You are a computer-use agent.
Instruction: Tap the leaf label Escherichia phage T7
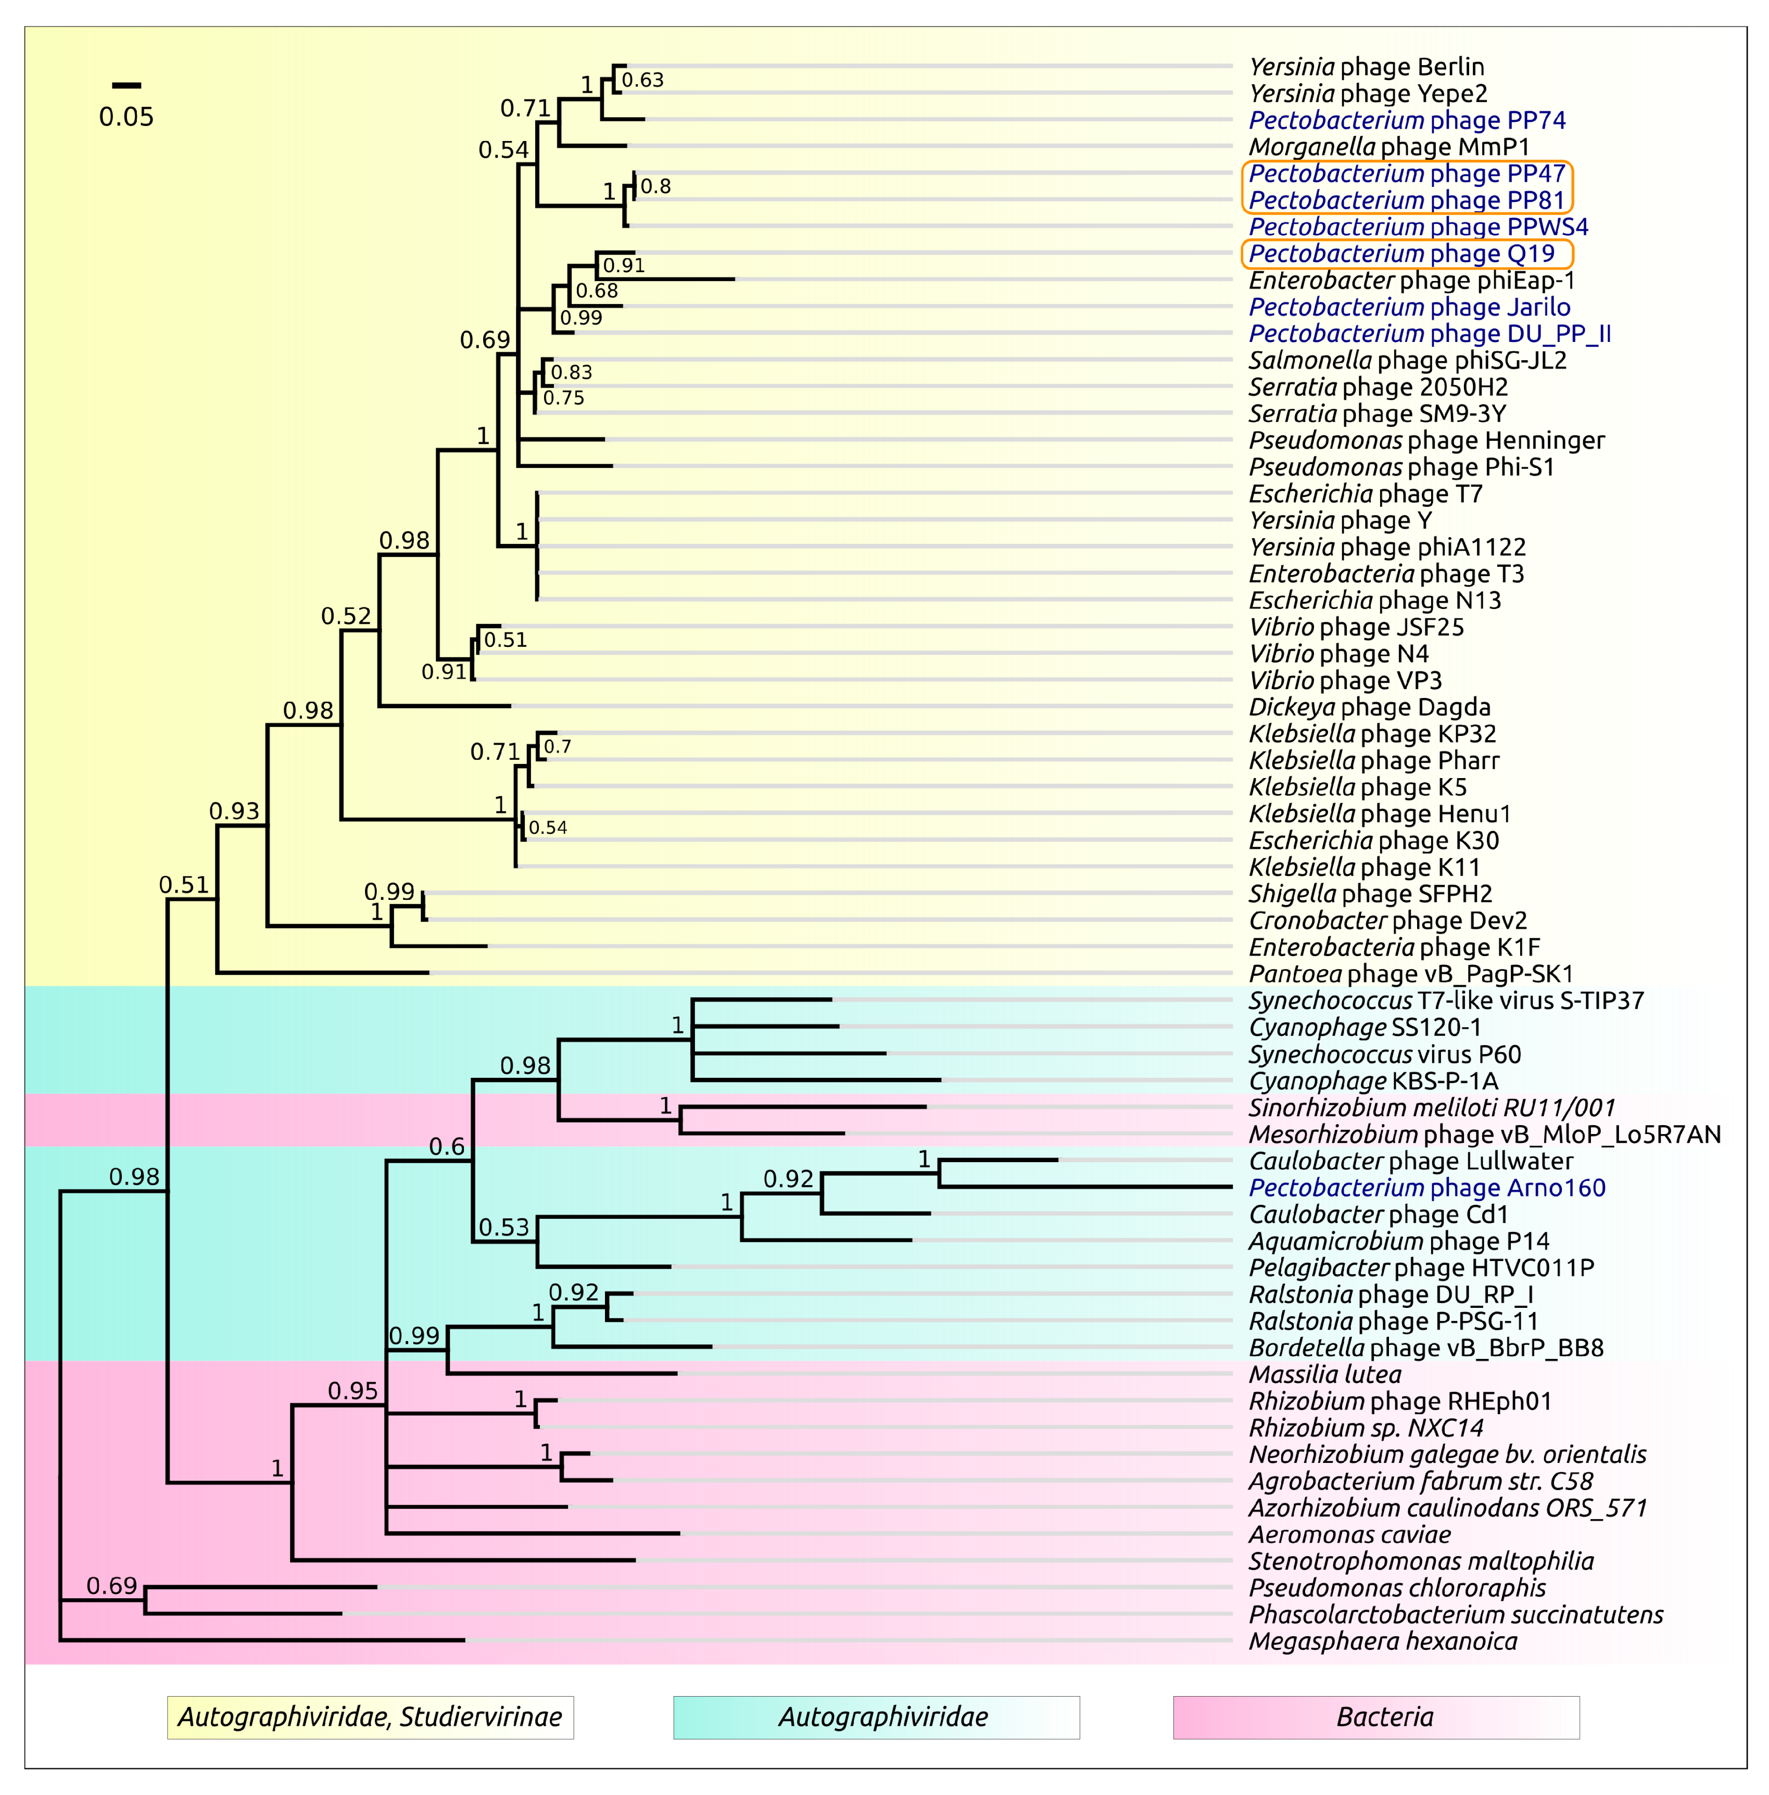[x=1365, y=494]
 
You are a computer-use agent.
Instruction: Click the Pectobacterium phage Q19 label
[x=1401, y=253]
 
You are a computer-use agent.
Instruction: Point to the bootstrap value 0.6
[x=446, y=1148]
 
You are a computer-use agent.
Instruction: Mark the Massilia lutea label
[x=1324, y=1374]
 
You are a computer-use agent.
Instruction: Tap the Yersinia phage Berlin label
[x=1366, y=67]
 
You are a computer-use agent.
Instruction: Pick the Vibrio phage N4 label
[x=1338, y=654]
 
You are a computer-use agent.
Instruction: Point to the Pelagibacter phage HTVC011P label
[x=1421, y=1268]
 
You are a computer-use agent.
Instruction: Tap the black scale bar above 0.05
[x=127, y=85]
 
